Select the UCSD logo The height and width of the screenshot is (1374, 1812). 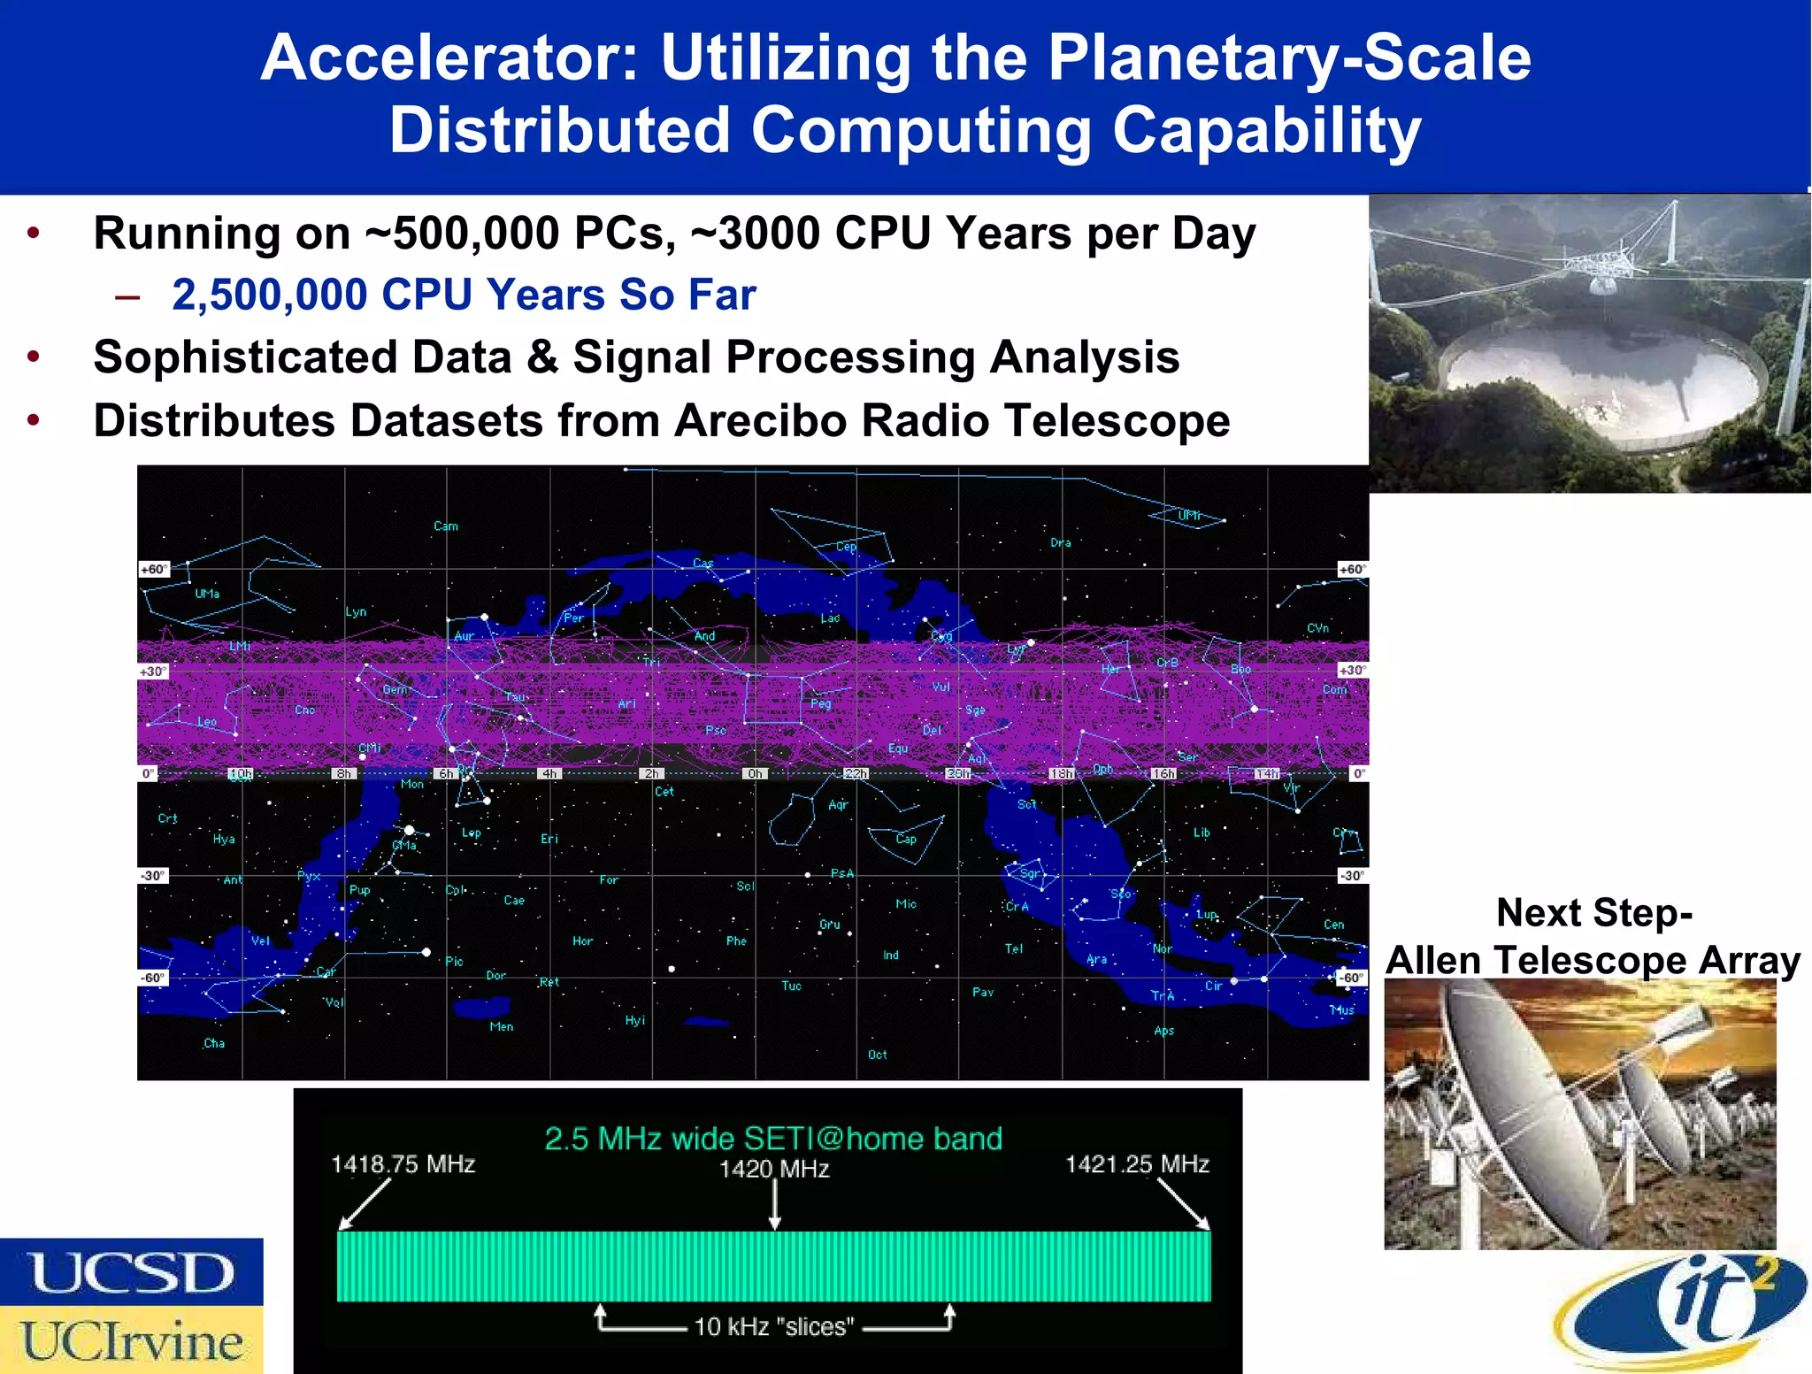point(131,1272)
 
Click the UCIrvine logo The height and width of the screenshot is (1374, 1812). point(131,1340)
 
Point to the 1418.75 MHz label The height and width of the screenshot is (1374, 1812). point(403,1163)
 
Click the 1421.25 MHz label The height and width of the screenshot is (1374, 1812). point(1137,1163)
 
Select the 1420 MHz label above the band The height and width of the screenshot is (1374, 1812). point(774,1169)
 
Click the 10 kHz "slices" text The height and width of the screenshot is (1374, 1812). point(774,1326)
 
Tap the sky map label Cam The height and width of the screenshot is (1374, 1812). point(446,526)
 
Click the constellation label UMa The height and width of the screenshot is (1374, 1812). point(207,594)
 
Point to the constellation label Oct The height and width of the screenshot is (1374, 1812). point(877,1055)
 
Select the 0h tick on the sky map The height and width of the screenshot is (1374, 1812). point(755,773)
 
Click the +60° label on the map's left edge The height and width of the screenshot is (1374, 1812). point(154,570)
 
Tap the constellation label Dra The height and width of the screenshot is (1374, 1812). point(1060,542)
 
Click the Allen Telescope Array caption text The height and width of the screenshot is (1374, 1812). point(1593,959)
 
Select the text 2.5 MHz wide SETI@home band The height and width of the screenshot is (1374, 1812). point(772,1138)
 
